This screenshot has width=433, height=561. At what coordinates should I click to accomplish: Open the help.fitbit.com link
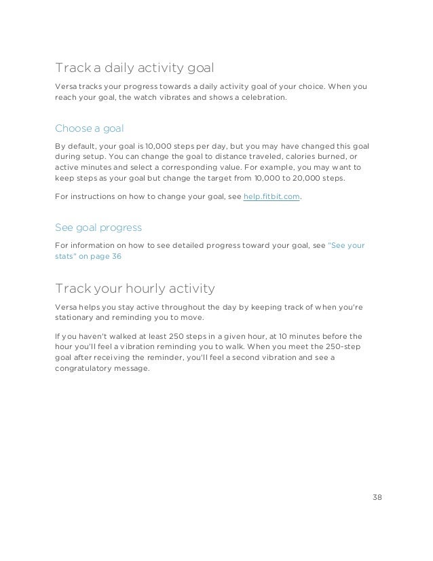(x=271, y=196)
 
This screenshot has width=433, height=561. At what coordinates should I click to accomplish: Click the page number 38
(x=377, y=496)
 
